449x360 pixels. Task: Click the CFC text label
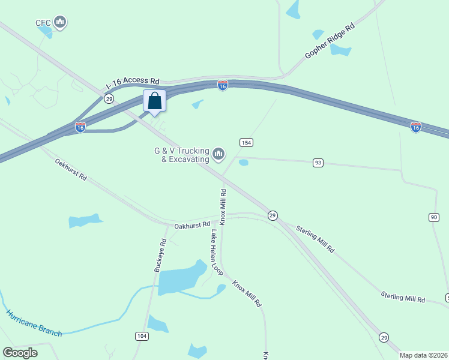(43, 23)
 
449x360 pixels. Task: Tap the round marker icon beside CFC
(59, 23)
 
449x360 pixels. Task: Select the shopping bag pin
(154, 101)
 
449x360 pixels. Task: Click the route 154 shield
(246, 142)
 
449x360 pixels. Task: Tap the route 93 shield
(318, 163)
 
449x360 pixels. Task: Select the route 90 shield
(433, 217)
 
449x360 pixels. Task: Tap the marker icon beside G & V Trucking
(218, 155)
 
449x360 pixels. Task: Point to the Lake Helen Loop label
(216, 253)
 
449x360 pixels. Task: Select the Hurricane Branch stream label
(34, 323)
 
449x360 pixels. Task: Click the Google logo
(20, 353)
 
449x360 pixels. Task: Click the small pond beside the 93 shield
(243, 162)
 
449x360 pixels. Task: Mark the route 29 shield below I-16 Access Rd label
(109, 98)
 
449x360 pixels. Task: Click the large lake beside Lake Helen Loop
(182, 277)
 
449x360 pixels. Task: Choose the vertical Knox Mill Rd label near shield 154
(223, 207)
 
